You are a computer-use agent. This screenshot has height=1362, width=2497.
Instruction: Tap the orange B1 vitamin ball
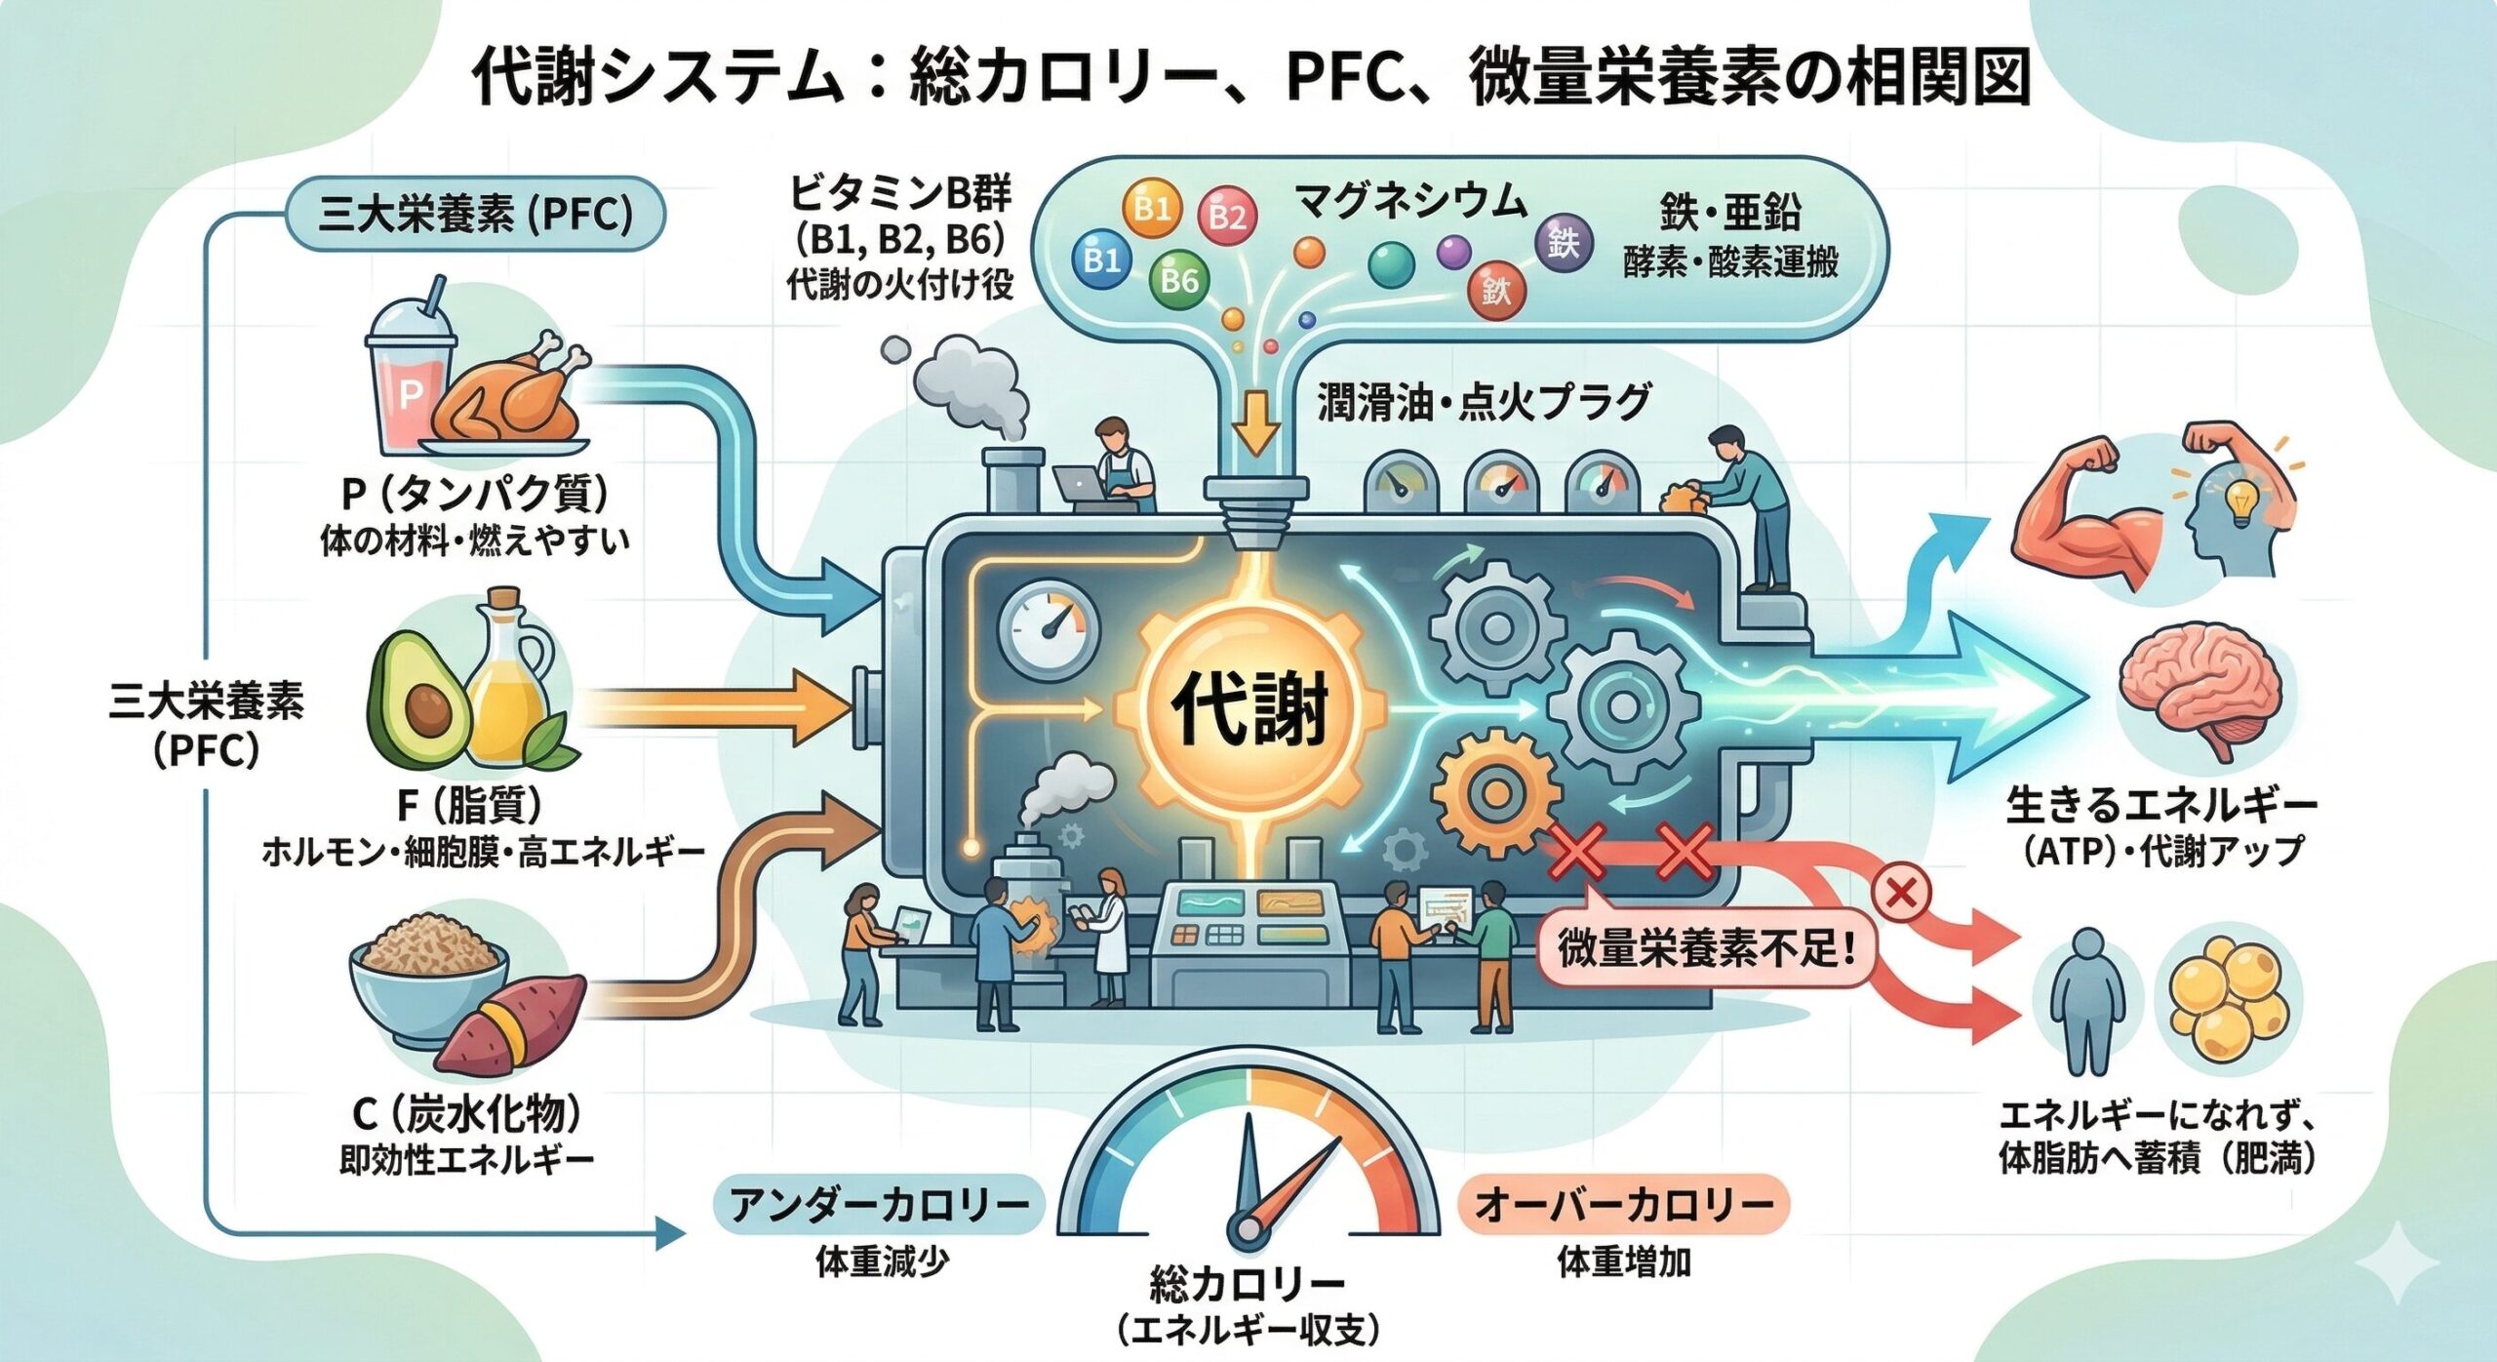coord(1152,208)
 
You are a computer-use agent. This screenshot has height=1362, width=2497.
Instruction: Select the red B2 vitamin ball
coord(1226,215)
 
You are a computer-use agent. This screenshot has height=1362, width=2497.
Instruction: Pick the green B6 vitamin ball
coord(1178,281)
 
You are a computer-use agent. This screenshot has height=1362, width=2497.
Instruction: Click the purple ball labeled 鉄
coord(1564,242)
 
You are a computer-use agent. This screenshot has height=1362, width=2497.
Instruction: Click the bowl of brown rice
coord(429,966)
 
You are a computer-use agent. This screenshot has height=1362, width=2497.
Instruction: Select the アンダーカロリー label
coord(879,1206)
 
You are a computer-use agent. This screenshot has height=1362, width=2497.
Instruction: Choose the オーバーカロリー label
coord(1624,1206)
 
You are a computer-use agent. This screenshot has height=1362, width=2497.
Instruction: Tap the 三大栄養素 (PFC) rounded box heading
coord(475,214)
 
